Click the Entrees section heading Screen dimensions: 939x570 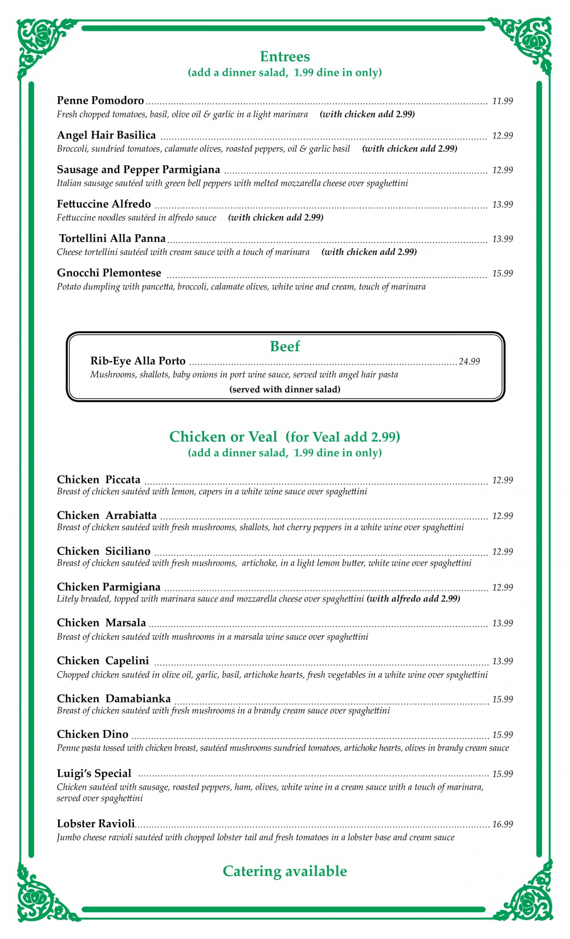pyautogui.click(x=284, y=56)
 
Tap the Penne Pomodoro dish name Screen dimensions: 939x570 pyautogui.click(x=100, y=101)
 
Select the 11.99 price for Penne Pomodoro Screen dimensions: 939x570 pyautogui.click(x=502, y=101)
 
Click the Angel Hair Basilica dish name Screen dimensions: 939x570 pyautogui.click(x=106, y=135)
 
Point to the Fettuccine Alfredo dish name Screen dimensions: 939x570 pyautogui.click(x=104, y=204)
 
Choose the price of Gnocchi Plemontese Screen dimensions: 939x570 pyautogui.click(x=502, y=274)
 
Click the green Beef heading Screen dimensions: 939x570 pyautogui.click(x=284, y=346)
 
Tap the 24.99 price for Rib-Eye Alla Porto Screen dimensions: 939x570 pyautogui.click(x=469, y=361)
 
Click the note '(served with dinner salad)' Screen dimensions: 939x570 pyautogui.click(x=284, y=389)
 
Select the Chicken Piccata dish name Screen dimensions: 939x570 pyautogui.click(x=99, y=479)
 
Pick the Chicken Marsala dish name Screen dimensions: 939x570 pyautogui.click(x=101, y=623)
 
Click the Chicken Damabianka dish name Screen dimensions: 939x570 pyautogui.click(x=113, y=698)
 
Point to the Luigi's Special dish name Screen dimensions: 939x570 pyautogui.click(x=94, y=773)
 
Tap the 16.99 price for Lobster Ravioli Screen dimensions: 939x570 pyautogui.click(x=502, y=824)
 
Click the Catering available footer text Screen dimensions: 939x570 pyautogui.click(x=284, y=871)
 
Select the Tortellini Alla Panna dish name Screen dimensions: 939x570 pyautogui.click(x=112, y=238)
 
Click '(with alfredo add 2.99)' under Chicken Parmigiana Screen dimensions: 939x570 pyautogui.click(x=413, y=599)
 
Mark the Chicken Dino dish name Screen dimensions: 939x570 pyautogui.click(x=92, y=734)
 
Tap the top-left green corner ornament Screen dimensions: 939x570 pyautogui.click(x=43, y=43)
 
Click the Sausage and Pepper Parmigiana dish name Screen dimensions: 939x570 pyautogui.click(x=139, y=169)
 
